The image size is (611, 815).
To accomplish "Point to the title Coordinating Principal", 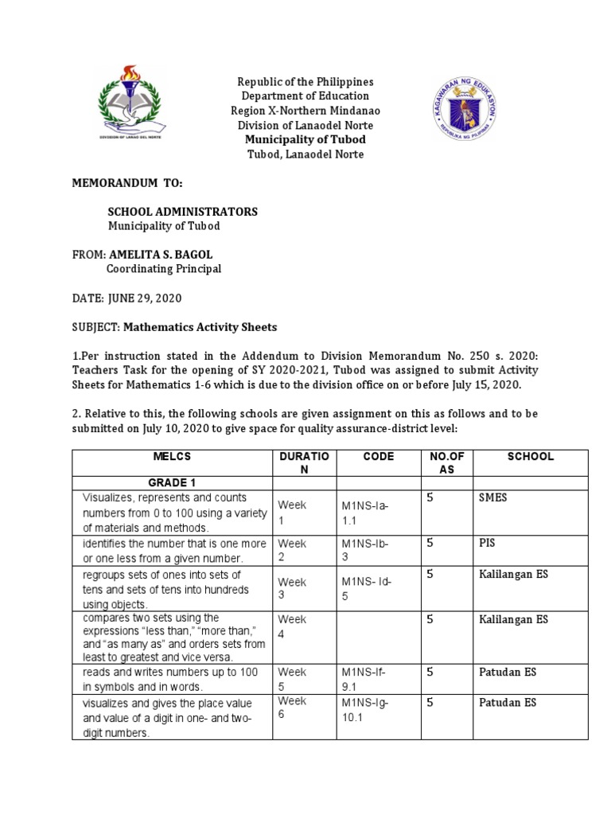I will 164,269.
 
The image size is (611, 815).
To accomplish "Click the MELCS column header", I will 173,457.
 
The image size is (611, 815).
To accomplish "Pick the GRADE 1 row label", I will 172,482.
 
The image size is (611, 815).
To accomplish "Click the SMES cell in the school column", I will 492,497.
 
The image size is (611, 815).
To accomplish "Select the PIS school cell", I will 488,544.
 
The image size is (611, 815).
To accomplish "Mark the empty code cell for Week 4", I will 378,638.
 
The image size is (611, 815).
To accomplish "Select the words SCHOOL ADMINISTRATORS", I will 183,212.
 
